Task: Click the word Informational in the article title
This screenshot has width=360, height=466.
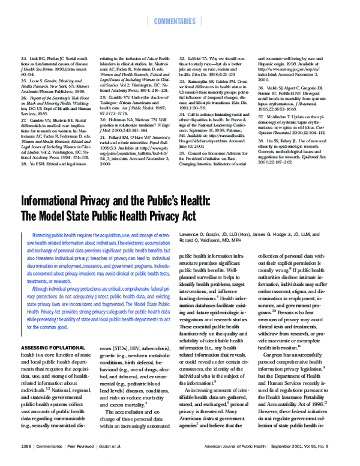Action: point(57,201)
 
